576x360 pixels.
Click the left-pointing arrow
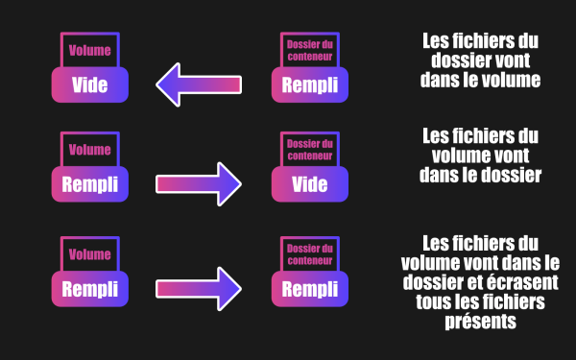[x=199, y=84]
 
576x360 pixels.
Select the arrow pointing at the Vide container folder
[x=199, y=184]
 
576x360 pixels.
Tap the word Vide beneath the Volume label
[x=90, y=84]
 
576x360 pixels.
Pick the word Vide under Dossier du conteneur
[x=310, y=184]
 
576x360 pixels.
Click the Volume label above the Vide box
[x=90, y=50]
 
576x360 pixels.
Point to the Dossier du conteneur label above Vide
[x=310, y=150]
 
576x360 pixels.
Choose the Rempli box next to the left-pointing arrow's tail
[x=310, y=84]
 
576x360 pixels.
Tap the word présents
[x=481, y=322]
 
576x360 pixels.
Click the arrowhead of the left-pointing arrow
[x=168, y=84]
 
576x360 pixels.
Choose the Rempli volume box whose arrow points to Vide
[x=90, y=184]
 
